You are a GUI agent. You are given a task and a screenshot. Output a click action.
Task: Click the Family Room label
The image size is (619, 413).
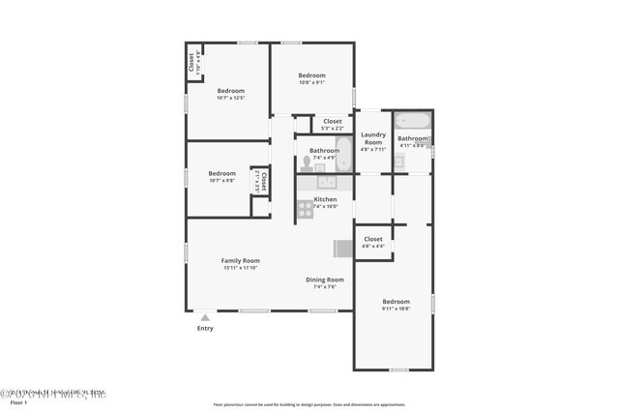click(x=240, y=260)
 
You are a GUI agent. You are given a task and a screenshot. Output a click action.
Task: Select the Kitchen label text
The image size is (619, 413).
click(x=325, y=199)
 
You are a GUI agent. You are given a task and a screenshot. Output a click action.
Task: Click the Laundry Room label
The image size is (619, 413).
click(x=373, y=138)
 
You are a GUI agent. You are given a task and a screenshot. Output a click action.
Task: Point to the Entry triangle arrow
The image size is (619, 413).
click(x=205, y=316)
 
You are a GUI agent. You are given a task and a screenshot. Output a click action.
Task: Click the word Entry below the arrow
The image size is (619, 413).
click(x=205, y=328)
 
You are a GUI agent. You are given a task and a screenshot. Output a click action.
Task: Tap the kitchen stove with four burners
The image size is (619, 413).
click(x=305, y=206)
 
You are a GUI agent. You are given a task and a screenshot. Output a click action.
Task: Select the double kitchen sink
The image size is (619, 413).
click(x=326, y=181)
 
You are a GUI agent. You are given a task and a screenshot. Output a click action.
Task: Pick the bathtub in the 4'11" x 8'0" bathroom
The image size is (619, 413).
click(x=412, y=122)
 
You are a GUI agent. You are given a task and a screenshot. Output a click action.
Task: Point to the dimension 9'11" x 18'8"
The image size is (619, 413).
click(x=396, y=309)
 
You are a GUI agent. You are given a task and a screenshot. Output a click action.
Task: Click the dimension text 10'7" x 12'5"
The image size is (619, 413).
click(x=230, y=98)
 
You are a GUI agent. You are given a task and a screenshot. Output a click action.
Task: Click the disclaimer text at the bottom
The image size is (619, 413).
click(x=309, y=405)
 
